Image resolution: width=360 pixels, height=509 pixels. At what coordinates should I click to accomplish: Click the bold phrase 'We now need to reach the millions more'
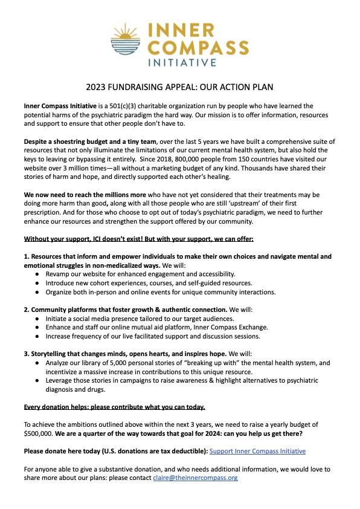tap(82, 196)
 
